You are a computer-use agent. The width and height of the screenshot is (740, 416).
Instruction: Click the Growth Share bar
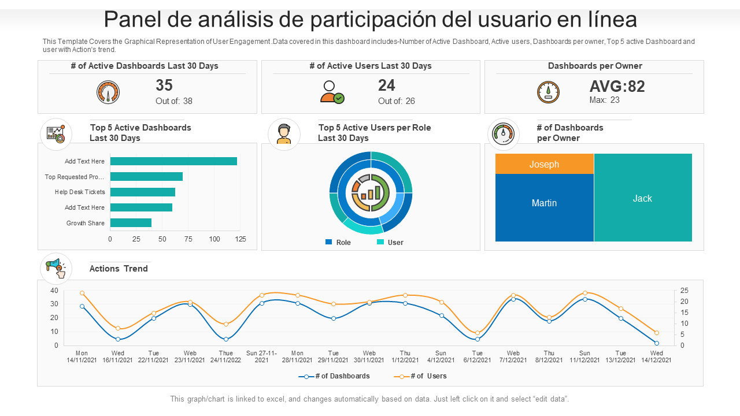pyautogui.click(x=131, y=223)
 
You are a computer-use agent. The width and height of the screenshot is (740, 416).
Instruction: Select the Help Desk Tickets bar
pyautogui.click(x=142, y=192)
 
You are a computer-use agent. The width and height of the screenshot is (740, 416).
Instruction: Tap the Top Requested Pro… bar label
pyautogui.click(x=75, y=177)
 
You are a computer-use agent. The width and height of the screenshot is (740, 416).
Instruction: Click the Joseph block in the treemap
pyautogui.click(x=544, y=164)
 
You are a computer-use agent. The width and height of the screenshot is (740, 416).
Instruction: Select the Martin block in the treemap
pyautogui.click(x=544, y=203)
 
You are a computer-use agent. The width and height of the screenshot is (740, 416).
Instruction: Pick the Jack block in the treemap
pyautogui.click(x=642, y=198)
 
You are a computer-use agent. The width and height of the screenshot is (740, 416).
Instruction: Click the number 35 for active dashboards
pyautogui.click(x=164, y=86)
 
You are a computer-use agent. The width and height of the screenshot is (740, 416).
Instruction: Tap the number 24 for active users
pyautogui.click(x=387, y=86)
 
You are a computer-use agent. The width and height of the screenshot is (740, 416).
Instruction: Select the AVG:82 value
pyautogui.click(x=617, y=87)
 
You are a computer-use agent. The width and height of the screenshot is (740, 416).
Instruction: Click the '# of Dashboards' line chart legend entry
pyautogui.click(x=335, y=376)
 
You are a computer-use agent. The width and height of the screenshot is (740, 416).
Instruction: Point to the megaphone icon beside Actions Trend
pyautogui.click(x=56, y=268)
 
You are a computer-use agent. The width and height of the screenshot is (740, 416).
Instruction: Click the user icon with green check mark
pyautogui.click(x=332, y=92)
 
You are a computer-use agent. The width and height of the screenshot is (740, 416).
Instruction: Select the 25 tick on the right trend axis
pyautogui.click(x=684, y=290)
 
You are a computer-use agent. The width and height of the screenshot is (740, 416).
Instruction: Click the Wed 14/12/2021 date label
pyautogui.click(x=656, y=356)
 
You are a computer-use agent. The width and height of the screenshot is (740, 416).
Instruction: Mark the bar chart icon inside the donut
pyautogui.click(x=371, y=192)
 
